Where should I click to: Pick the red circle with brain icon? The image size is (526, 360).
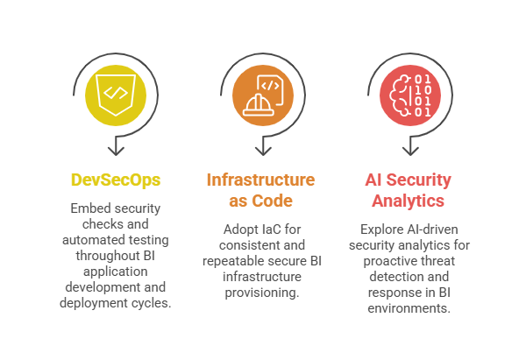click(x=410, y=94)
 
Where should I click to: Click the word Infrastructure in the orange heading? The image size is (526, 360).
click(x=260, y=180)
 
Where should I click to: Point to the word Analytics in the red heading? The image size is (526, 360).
click(x=409, y=201)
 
